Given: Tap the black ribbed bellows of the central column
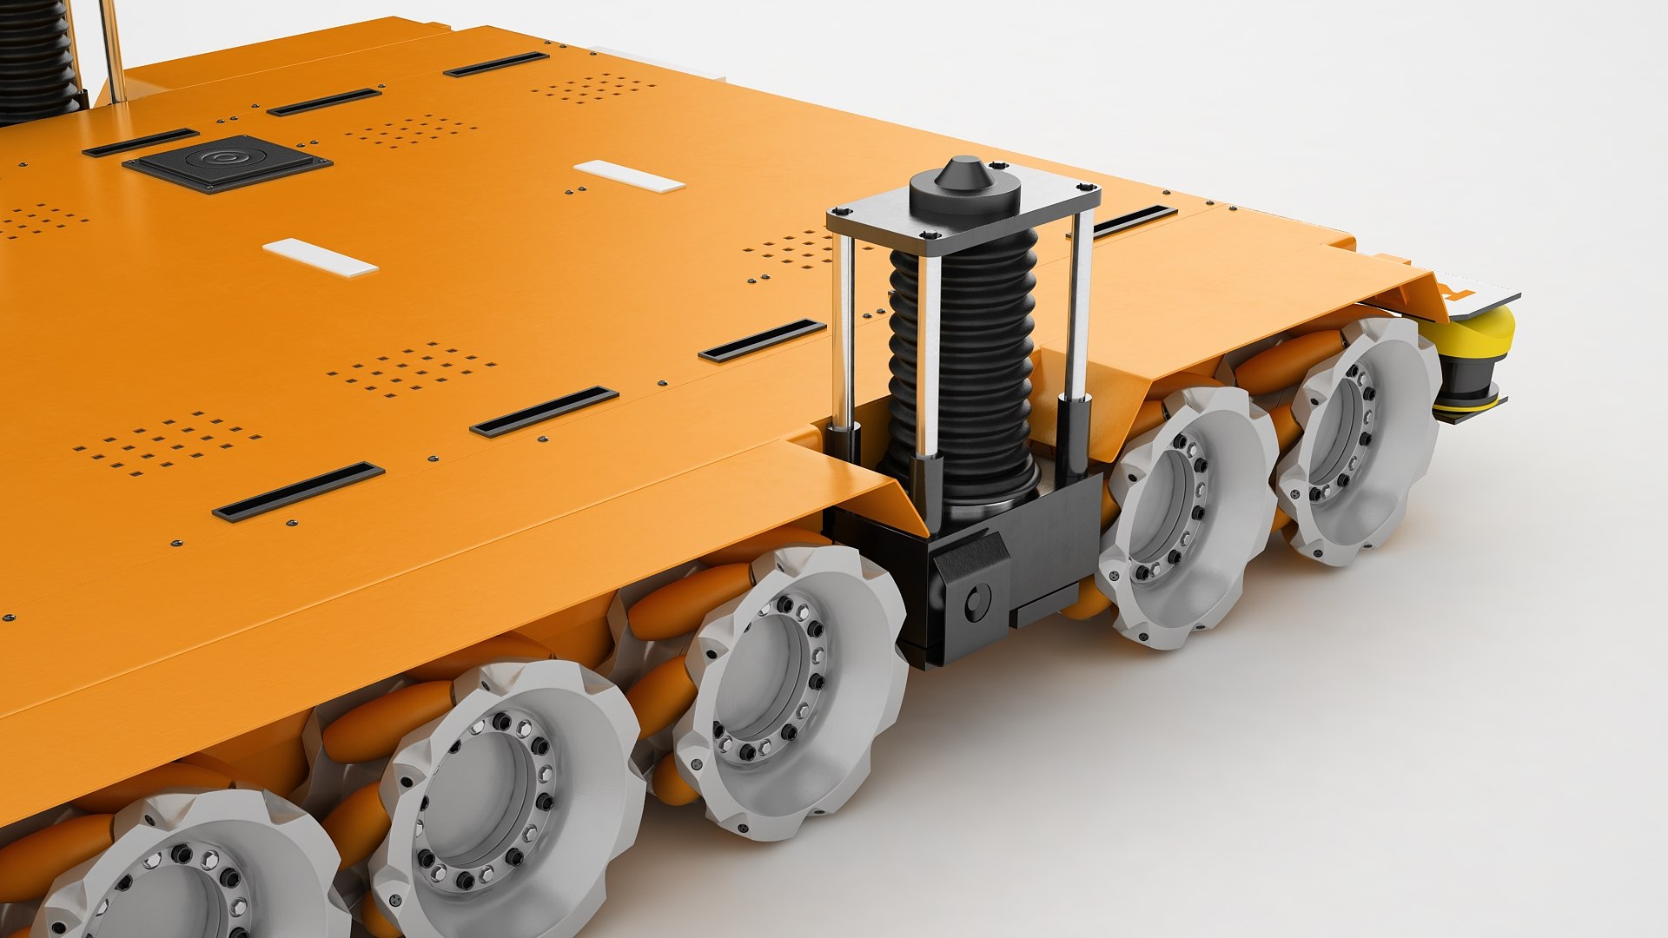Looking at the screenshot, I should tap(964, 365).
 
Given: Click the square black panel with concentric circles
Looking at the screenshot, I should tap(226, 162).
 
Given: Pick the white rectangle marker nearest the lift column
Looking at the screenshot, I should tap(629, 175).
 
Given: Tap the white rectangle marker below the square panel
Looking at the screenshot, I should tap(320, 258).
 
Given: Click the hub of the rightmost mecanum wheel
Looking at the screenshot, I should tap(1342, 439).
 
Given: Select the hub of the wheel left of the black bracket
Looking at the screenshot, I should tap(769, 682).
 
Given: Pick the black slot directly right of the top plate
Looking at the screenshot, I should tap(1134, 221).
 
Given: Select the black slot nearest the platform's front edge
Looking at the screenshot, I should tap(298, 492).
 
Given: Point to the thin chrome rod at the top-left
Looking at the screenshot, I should tap(110, 48).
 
